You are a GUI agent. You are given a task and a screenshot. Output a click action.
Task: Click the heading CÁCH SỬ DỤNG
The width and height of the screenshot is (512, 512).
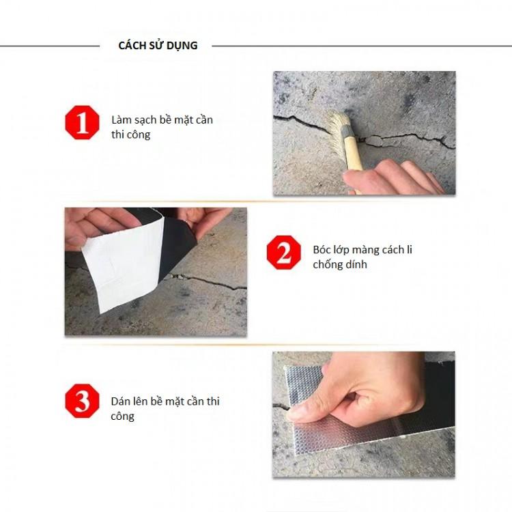[x=158, y=46]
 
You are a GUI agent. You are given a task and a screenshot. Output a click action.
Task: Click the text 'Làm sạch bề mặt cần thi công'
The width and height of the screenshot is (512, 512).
[x=162, y=127]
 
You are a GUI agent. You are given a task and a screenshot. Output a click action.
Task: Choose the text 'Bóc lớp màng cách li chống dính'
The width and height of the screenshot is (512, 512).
[x=362, y=257]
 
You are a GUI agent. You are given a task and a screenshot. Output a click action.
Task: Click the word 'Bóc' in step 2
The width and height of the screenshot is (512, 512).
[x=322, y=249]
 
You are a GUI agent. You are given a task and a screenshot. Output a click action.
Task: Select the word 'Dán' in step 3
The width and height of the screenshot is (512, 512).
[x=121, y=401]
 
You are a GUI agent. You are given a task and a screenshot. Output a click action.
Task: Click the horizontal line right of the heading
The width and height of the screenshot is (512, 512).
[x=362, y=46]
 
